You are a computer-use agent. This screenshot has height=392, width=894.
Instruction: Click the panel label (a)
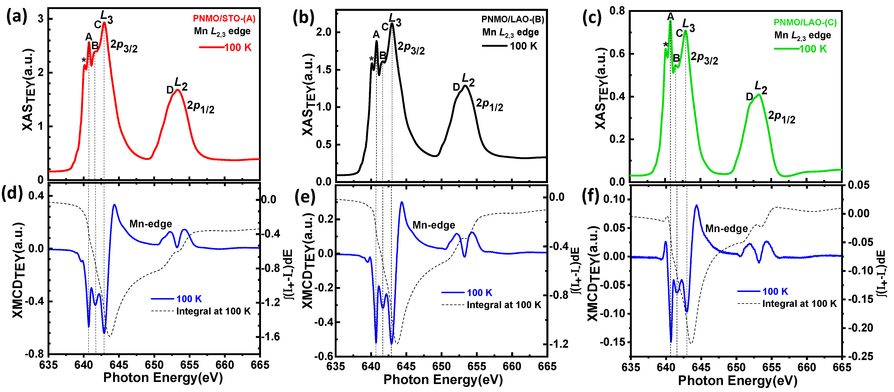[17, 16]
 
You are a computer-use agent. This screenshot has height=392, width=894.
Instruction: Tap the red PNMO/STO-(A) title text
[224, 18]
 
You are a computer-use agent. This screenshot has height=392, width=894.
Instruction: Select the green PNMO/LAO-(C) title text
[805, 23]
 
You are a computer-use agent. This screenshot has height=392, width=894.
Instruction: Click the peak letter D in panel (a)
[170, 90]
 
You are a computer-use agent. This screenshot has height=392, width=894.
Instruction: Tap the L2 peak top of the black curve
[465, 86]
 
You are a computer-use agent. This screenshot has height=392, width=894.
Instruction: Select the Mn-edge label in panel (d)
[151, 224]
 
